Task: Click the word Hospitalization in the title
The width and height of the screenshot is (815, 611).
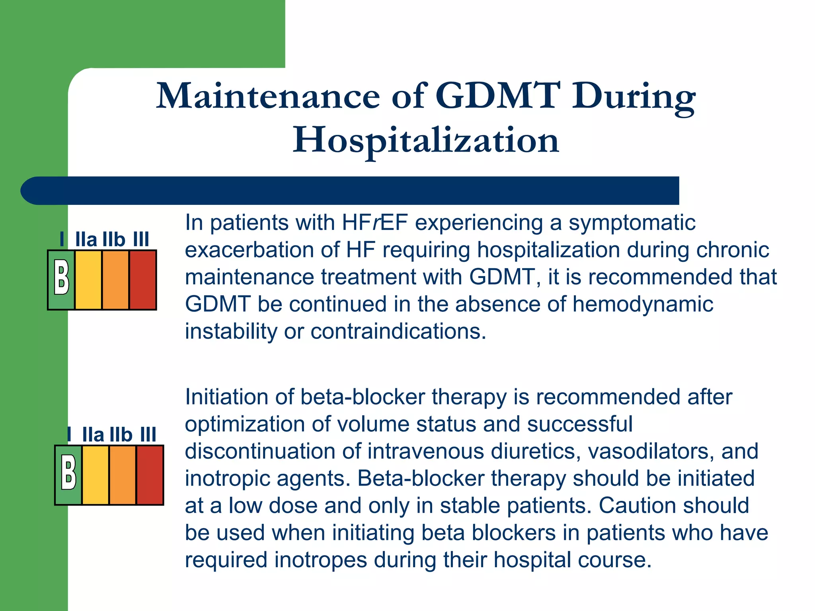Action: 426,140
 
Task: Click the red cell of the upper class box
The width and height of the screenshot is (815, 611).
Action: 142,280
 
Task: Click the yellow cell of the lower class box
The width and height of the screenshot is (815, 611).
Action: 96,475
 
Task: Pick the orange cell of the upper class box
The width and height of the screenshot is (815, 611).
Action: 115,280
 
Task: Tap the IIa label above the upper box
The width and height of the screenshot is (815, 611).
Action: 86,240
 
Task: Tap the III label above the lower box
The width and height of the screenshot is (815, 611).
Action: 148,435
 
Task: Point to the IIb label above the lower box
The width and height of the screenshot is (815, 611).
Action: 121,435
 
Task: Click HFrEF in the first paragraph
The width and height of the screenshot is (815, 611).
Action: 374,222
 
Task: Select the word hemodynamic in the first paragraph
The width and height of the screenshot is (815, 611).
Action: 643,304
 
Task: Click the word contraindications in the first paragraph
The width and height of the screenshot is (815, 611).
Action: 398,331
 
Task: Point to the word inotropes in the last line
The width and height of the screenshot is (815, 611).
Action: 320,560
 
